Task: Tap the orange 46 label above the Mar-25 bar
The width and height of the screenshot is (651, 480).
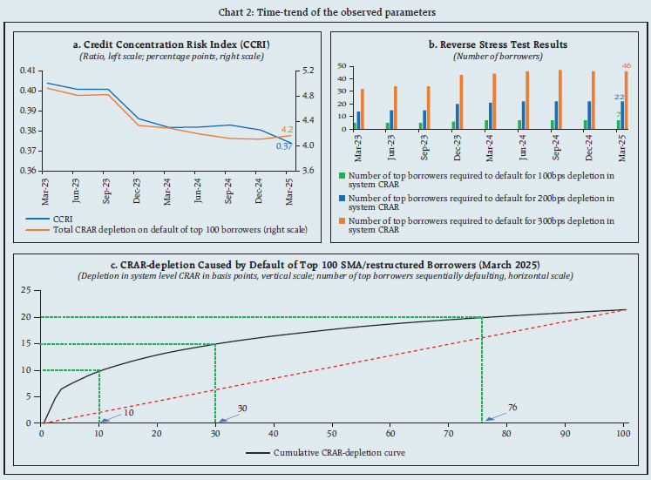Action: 626,65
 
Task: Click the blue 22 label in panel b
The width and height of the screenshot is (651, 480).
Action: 620,97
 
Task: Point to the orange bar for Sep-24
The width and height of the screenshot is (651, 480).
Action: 559,99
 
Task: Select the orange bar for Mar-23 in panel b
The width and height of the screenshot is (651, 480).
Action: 362,109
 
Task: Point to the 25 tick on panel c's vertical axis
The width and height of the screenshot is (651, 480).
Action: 25,290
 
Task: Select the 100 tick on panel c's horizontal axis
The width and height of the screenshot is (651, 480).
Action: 622,434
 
